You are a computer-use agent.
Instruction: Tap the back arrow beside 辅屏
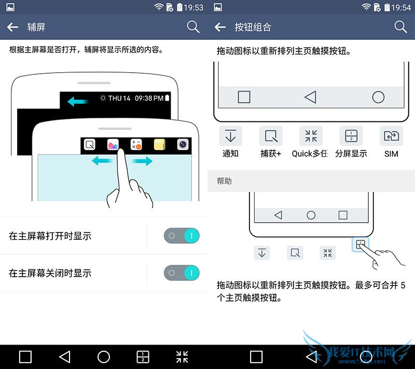pyautogui.click(x=12, y=27)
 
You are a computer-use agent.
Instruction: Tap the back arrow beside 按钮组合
pyautogui.click(x=220, y=27)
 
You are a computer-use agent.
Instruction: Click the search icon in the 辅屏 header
pyautogui.click(x=193, y=27)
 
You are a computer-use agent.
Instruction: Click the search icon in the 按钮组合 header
pyautogui.click(x=400, y=27)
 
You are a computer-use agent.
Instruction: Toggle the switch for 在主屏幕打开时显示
pyautogui.click(x=182, y=236)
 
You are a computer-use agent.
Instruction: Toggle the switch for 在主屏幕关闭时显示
pyautogui.click(x=182, y=272)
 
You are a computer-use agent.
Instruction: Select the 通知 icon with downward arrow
pyautogui.click(x=230, y=136)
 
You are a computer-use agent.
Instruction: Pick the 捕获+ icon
pyautogui.click(x=271, y=136)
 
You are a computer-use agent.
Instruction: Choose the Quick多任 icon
pyautogui.click(x=311, y=136)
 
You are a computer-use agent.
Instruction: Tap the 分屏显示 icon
pyautogui.click(x=351, y=136)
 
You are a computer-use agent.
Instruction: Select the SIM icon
pyautogui.click(x=392, y=136)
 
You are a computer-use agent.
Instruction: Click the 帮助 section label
pyautogui.click(x=224, y=181)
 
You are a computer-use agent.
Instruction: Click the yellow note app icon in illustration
pyautogui.click(x=159, y=144)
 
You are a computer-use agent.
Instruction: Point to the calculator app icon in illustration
pyautogui.click(x=136, y=144)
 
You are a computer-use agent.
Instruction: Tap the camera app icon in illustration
pyautogui.click(x=183, y=144)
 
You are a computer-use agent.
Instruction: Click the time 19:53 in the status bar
pyautogui.click(x=193, y=7)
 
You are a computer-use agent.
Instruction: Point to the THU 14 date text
pyautogui.click(x=119, y=98)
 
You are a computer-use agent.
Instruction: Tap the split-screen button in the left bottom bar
pyautogui.click(x=143, y=357)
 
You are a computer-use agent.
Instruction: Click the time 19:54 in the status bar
pyautogui.click(x=401, y=7)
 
